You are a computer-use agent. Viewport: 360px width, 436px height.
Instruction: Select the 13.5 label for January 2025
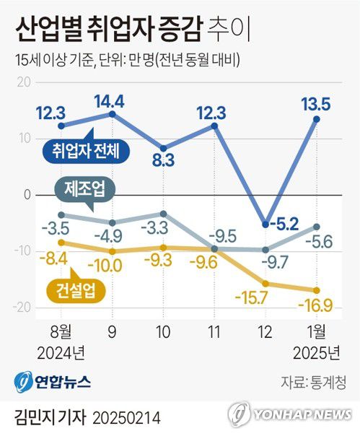316,105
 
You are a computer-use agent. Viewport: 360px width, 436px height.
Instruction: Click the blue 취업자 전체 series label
86,150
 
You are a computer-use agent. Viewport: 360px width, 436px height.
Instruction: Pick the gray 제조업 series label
84,189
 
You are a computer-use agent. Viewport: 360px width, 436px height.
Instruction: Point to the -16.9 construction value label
315,305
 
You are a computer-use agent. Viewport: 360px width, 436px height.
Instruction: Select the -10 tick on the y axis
22,250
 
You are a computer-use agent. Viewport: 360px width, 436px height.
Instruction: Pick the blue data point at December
265,224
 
